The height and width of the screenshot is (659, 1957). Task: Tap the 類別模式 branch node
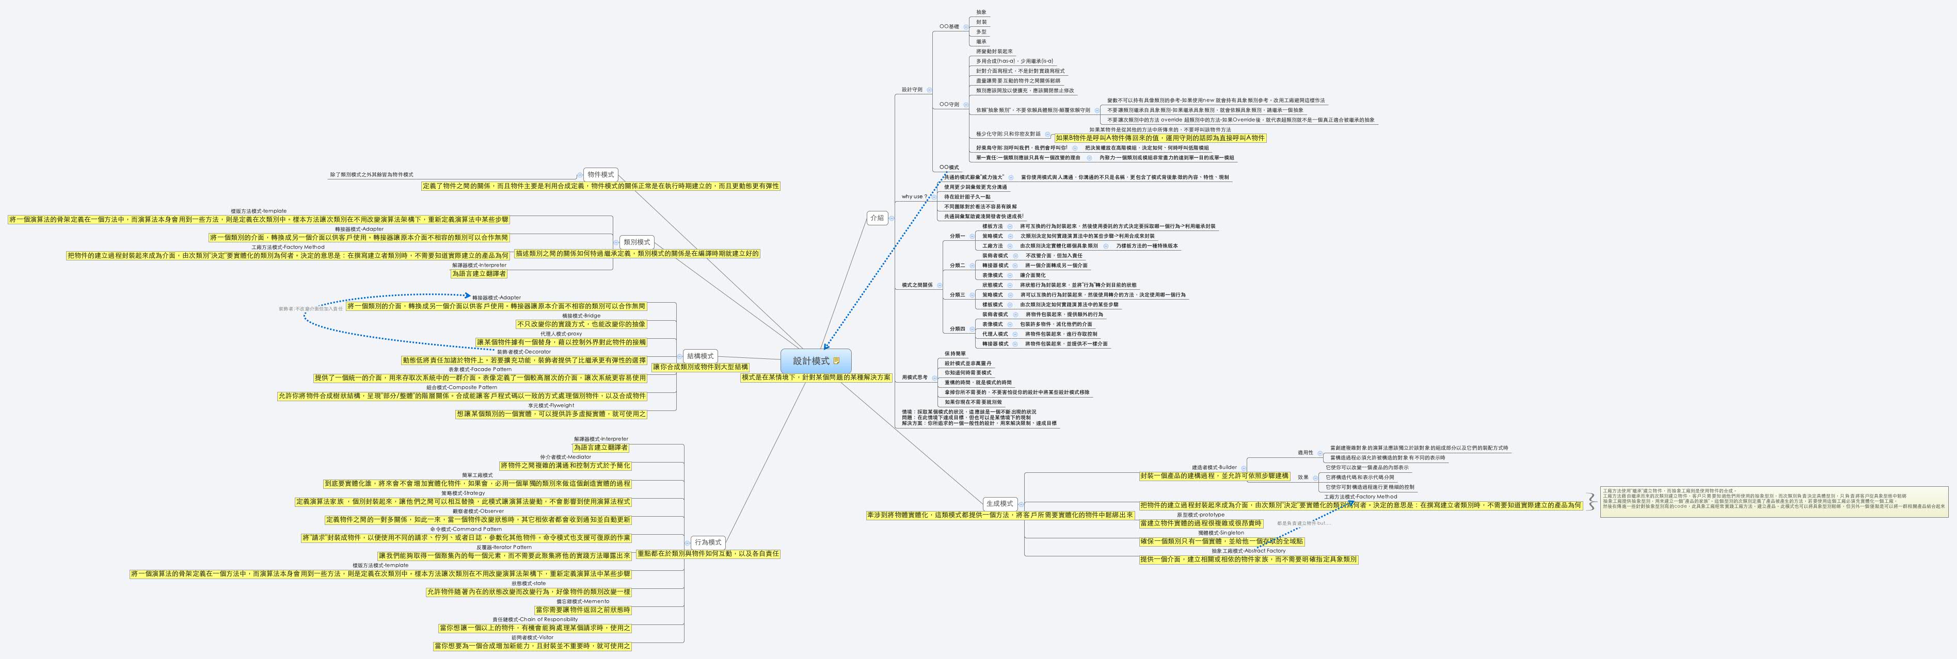636,241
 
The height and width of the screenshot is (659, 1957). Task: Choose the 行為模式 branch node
707,542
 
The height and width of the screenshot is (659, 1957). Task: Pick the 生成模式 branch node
999,503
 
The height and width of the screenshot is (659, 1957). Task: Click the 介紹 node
877,218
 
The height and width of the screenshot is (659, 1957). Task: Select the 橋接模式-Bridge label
581,316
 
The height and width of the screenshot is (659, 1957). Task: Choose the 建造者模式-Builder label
1214,467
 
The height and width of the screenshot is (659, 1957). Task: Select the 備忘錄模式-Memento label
583,601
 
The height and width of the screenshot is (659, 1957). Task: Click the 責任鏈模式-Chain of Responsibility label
535,619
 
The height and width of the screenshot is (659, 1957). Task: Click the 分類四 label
957,329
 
